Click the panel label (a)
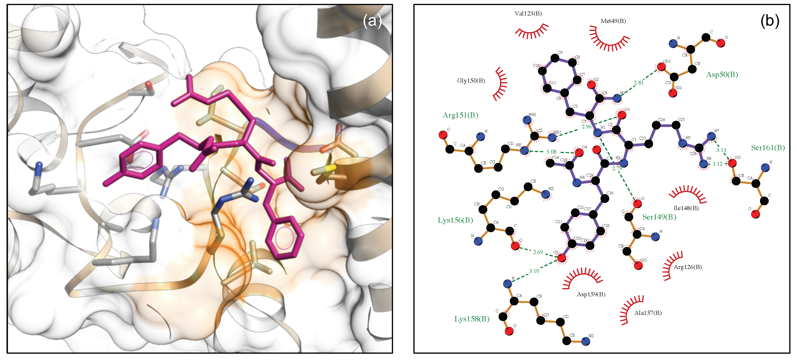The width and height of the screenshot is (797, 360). [372, 21]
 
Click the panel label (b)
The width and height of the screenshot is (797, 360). [769, 21]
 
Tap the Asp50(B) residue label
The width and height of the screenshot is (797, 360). [722, 75]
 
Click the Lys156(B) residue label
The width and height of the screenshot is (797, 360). [455, 220]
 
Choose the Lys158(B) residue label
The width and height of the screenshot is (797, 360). [472, 319]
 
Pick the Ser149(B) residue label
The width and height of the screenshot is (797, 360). [659, 217]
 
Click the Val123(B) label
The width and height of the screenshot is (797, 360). [528, 13]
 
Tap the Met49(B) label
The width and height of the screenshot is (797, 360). [613, 21]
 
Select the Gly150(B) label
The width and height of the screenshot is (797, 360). [471, 81]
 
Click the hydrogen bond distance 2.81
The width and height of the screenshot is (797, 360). [638, 83]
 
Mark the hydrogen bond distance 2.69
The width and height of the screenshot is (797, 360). [538, 252]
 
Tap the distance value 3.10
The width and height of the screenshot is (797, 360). [534, 271]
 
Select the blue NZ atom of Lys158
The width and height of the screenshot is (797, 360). [585, 341]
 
